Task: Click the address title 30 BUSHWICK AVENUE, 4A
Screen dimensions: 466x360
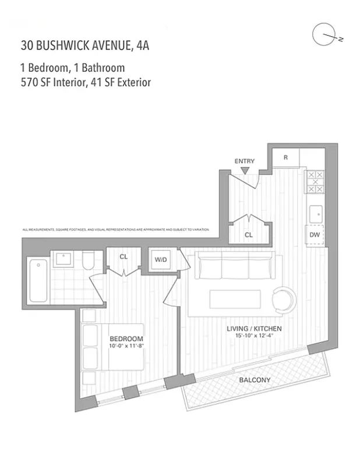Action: click(x=85, y=45)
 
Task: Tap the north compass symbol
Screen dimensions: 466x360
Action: click(x=323, y=37)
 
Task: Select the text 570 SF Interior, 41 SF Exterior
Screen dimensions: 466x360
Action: click(x=85, y=82)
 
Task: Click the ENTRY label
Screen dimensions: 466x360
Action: click(x=244, y=161)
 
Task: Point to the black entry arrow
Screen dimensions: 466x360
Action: click(x=245, y=170)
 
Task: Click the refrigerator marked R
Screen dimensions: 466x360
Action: click(x=286, y=157)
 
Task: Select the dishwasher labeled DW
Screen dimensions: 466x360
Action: click(x=315, y=234)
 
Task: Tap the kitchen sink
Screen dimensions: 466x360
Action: click(x=315, y=213)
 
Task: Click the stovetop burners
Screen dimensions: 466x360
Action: click(x=315, y=182)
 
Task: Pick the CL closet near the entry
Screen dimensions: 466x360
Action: click(x=248, y=234)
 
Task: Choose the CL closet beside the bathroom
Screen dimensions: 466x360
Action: click(x=123, y=256)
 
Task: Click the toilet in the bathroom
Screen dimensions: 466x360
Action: click(x=87, y=262)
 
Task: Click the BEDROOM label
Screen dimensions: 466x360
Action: click(x=126, y=338)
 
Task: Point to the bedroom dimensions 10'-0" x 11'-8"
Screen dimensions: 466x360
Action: click(x=126, y=346)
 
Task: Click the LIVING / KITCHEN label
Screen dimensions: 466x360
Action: click(x=250, y=329)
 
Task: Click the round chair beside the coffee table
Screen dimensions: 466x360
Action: click(x=285, y=298)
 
